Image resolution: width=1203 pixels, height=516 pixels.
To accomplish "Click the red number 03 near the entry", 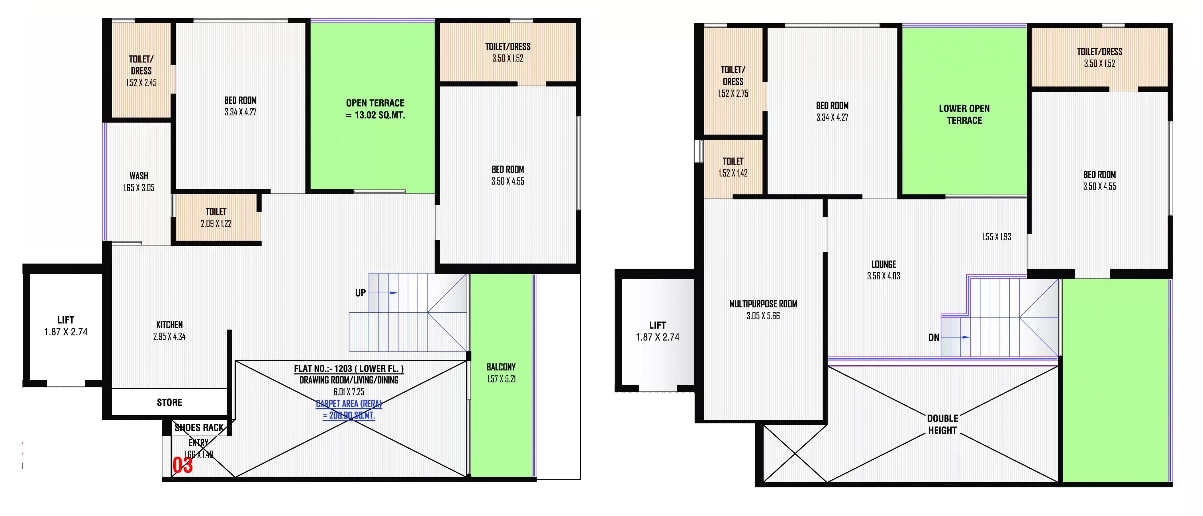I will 182,465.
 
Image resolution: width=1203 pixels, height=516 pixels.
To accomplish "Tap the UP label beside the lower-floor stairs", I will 360,293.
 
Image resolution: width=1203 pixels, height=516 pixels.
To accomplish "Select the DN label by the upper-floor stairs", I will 933,338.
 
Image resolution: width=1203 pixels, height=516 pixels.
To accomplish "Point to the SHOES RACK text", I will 199,428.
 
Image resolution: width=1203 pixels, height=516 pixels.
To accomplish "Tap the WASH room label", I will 139,176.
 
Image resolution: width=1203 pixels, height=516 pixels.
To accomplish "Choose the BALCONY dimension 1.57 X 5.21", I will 501,379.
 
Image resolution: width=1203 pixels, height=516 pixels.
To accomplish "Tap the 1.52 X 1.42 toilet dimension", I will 733,173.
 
